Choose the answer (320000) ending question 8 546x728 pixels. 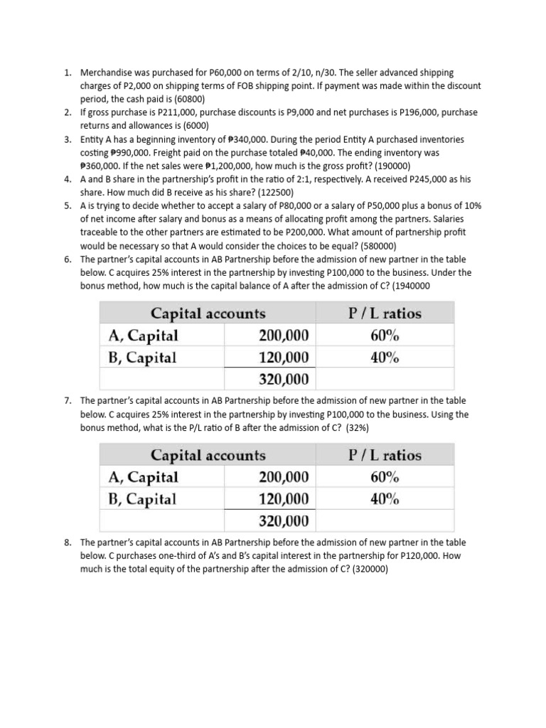pos(365,569)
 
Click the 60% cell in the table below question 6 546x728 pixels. pos(385,335)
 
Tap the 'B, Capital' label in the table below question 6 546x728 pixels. pos(141,357)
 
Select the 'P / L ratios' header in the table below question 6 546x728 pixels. pos(385,313)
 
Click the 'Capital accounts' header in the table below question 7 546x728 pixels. pos(208,455)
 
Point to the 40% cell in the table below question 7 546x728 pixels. pos(385,499)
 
